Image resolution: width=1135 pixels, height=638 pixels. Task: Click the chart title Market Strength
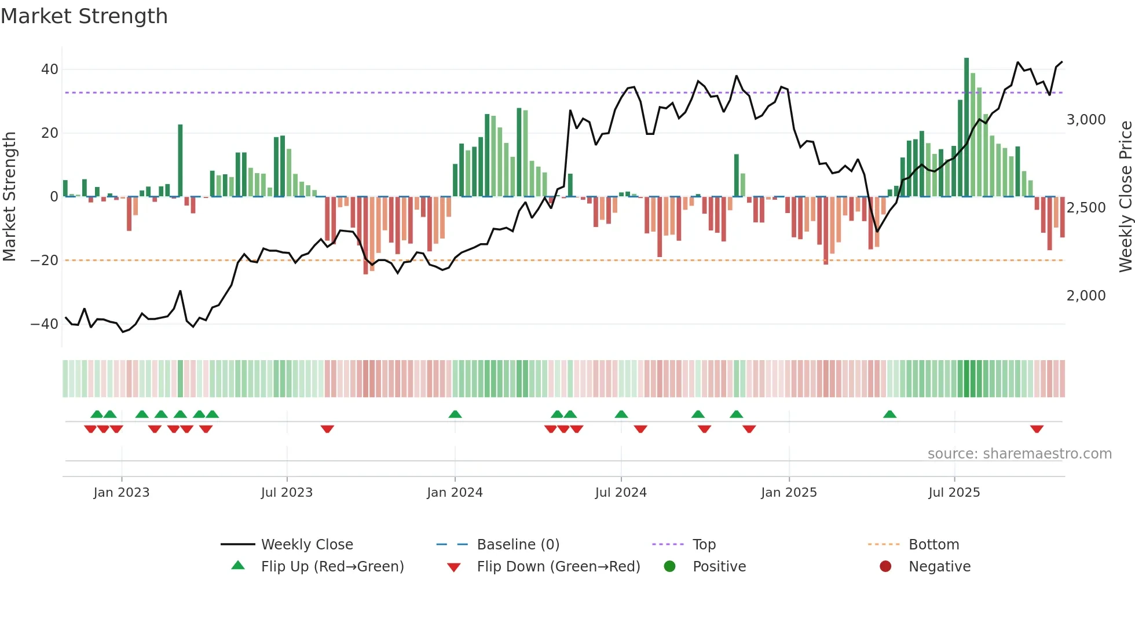[84, 16]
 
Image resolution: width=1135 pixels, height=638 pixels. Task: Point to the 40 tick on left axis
[50, 69]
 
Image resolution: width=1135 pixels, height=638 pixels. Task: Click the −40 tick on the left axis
[45, 324]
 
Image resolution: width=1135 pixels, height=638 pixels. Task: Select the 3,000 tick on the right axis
[1086, 120]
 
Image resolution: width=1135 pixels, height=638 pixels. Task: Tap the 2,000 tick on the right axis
[1086, 296]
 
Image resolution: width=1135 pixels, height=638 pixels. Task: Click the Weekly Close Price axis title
[1125, 197]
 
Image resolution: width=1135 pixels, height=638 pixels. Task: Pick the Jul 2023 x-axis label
[287, 493]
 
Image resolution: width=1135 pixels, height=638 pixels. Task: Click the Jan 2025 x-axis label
[789, 493]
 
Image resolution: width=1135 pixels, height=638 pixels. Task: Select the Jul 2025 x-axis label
[954, 493]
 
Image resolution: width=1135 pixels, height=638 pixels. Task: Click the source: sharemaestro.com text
[1019, 454]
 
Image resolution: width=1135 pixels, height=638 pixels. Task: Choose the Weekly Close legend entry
[307, 545]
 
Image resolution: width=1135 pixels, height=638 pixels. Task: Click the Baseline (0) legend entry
[518, 545]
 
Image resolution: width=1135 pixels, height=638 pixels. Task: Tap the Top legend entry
[704, 545]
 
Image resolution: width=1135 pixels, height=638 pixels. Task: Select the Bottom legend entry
[933, 545]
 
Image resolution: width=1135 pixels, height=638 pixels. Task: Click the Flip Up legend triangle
[238, 566]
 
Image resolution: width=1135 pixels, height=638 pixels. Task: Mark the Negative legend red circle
[885, 566]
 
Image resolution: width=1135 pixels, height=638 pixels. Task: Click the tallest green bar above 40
[966, 127]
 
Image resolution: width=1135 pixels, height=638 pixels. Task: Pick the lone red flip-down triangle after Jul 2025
[1037, 429]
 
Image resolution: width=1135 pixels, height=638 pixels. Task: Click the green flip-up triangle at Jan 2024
[455, 414]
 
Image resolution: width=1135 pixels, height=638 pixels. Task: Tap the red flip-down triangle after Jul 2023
[327, 429]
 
